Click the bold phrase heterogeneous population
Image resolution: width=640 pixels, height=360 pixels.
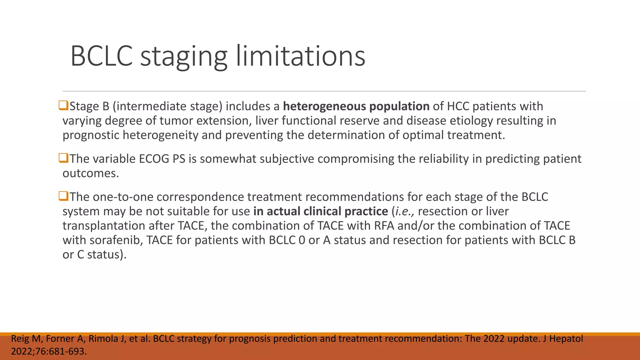tap(356, 107)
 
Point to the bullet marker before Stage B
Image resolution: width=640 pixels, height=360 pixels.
tap(63, 106)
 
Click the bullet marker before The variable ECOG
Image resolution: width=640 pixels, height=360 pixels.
tap(63, 158)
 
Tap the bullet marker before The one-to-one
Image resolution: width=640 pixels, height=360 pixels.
tap(63, 196)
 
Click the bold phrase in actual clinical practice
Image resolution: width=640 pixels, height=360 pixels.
tap(320, 212)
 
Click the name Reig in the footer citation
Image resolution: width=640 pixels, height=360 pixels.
tap(21, 339)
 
